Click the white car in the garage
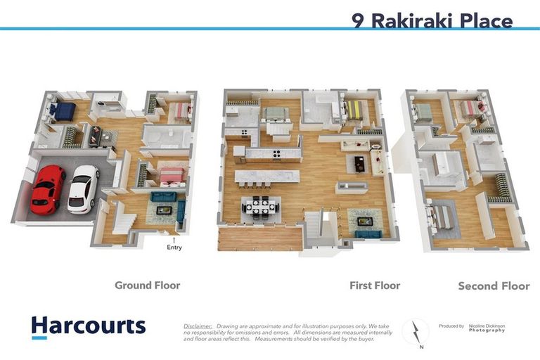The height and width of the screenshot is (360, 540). pos(83,188)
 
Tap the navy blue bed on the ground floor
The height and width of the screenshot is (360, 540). pos(65,111)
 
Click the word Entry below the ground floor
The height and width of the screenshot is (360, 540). pos(174,247)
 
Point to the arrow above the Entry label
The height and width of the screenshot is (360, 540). pos(174,239)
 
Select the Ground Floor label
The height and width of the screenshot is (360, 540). pos(147,285)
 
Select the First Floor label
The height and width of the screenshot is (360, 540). pos(375,285)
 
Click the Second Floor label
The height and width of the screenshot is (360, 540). pos(493,286)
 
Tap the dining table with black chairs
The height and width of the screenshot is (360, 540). pos(261,207)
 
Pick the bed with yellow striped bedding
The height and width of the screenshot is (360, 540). pos(354,110)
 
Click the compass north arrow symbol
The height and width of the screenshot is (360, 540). pos(415,330)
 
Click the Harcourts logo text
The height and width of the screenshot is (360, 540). pos(88,326)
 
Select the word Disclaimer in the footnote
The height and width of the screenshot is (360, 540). pos(198,326)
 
